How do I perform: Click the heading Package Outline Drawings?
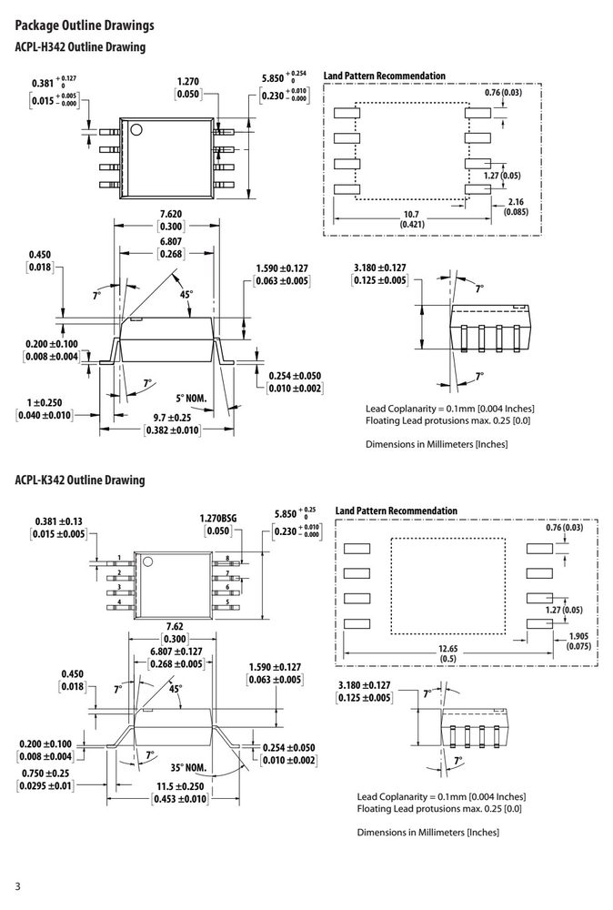[x=85, y=25]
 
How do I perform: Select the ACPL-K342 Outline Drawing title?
[x=80, y=480]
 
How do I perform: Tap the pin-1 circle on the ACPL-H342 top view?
[x=136, y=129]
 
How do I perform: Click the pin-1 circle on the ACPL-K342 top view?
[x=147, y=561]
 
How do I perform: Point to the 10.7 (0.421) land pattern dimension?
[x=412, y=219]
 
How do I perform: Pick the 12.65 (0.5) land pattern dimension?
[x=447, y=653]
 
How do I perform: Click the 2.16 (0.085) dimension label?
[x=516, y=207]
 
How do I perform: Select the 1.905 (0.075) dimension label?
[x=578, y=641]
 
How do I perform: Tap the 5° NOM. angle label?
[x=191, y=399]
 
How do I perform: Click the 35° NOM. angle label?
[x=188, y=767]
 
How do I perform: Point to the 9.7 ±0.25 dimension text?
[x=172, y=418]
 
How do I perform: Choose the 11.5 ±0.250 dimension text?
[x=180, y=786]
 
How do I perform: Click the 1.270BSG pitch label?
[x=218, y=519]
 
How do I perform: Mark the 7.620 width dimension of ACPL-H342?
[x=170, y=214]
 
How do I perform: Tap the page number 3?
[x=17, y=886]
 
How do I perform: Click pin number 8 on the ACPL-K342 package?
[x=227, y=559]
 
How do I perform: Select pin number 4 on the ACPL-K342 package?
[x=119, y=602]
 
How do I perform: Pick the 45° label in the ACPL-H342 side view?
[x=186, y=294]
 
